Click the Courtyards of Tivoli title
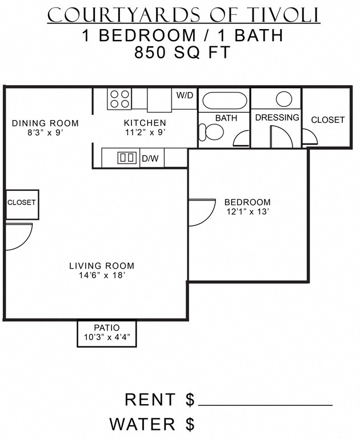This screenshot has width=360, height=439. (x=183, y=15)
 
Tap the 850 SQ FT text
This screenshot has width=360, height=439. (x=182, y=53)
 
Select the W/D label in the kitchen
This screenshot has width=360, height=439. (x=184, y=95)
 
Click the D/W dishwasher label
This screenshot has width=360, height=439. (x=150, y=158)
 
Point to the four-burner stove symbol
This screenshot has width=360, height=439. (x=119, y=99)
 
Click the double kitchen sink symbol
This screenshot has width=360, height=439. (x=126, y=158)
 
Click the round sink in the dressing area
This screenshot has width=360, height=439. (x=284, y=98)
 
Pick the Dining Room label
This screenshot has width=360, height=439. (x=45, y=123)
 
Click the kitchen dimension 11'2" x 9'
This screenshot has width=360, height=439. (x=145, y=132)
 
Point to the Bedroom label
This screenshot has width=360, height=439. (x=247, y=202)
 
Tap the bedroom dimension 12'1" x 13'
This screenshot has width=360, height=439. (x=247, y=211)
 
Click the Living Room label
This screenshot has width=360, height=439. (x=102, y=266)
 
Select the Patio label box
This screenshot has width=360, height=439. (x=107, y=333)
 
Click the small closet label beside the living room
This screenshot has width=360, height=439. (x=22, y=202)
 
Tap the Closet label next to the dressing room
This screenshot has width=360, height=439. (x=327, y=120)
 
